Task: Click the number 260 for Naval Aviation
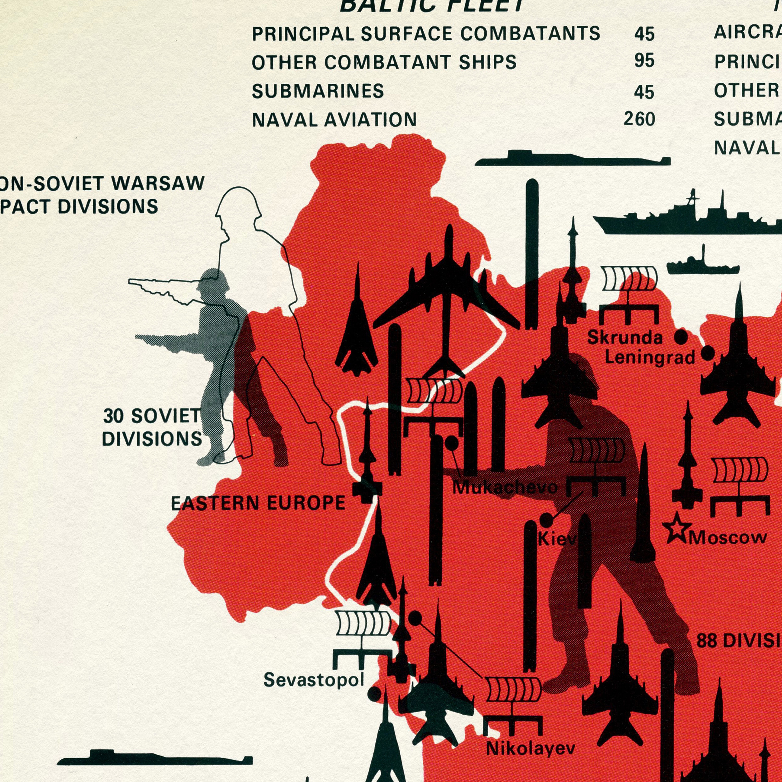pos(639,119)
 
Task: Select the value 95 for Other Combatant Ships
pos(644,61)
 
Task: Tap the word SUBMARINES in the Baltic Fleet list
pos(318,91)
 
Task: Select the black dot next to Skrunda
pos(681,337)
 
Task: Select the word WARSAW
pos(158,183)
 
